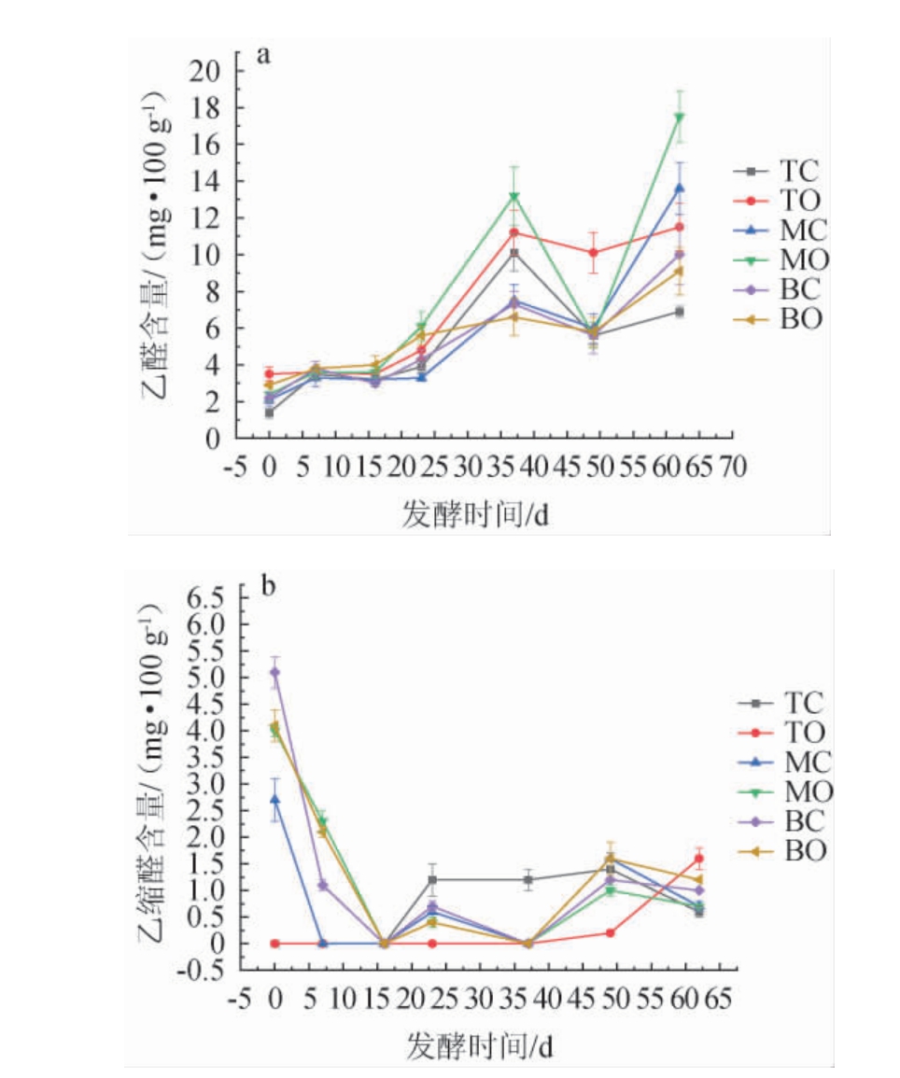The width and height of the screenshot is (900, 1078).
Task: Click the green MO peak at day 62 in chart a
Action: pyautogui.click(x=680, y=117)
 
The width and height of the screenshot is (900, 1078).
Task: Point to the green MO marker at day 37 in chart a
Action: pyautogui.click(x=513, y=197)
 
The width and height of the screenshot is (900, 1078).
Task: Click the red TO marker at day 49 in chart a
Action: pyautogui.click(x=593, y=252)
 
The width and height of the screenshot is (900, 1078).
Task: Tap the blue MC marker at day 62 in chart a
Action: pyautogui.click(x=680, y=188)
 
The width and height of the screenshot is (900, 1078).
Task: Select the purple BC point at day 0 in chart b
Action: pyautogui.click(x=274, y=671)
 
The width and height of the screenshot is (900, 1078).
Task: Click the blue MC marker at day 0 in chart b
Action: pyautogui.click(x=274, y=799)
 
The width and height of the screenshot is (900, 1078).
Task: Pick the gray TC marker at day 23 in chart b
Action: pyautogui.click(x=432, y=879)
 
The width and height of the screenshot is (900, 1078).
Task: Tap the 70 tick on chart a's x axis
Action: pyautogui.click(x=733, y=467)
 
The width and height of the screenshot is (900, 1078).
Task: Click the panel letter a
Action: pyautogui.click(x=264, y=54)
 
